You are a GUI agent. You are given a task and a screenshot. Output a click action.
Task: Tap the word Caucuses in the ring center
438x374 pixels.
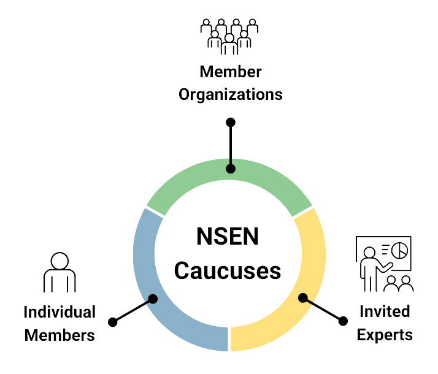click(x=228, y=270)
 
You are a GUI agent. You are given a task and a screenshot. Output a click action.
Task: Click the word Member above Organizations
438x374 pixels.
click(x=230, y=72)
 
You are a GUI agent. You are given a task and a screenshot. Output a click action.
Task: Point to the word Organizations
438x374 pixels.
click(x=230, y=95)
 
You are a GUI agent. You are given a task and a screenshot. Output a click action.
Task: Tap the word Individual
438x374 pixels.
click(x=59, y=312)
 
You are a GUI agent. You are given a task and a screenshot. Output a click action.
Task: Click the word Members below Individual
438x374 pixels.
click(x=59, y=335)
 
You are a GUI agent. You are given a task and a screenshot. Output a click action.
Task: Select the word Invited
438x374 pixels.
click(x=384, y=312)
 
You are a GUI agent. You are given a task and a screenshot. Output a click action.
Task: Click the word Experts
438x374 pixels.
click(x=384, y=335)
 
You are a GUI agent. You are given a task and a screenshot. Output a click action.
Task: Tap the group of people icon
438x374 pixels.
click(x=229, y=34)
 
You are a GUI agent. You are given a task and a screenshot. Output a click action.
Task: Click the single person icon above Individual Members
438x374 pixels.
click(x=59, y=273)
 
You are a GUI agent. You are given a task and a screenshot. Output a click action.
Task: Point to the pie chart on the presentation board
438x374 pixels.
click(x=398, y=251)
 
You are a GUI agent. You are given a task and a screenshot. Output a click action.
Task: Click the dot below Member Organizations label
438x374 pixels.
click(x=231, y=122)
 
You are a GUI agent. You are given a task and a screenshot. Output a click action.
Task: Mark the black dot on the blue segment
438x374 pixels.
click(x=153, y=299)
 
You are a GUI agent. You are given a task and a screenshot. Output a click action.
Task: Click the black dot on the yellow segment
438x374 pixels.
click(x=303, y=299)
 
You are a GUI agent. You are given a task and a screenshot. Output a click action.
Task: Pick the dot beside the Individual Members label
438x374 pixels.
click(x=112, y=322)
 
